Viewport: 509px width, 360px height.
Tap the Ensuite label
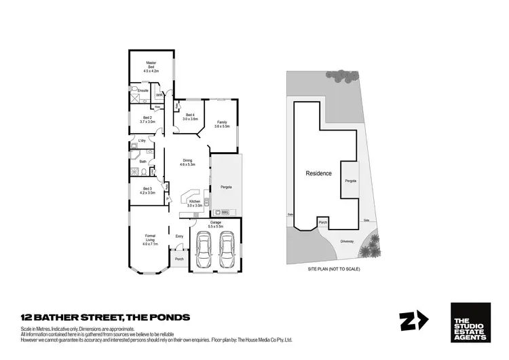(143, 90)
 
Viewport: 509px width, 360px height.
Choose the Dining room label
(187, 162)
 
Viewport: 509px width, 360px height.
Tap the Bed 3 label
(147, 191)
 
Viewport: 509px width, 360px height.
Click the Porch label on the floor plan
(180, 259)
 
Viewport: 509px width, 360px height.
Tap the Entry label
(179, 236)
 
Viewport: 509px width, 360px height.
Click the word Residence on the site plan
(318, 173)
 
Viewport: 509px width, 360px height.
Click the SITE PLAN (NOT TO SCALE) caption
(333, 270)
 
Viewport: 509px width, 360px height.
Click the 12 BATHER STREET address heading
(105, 317)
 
